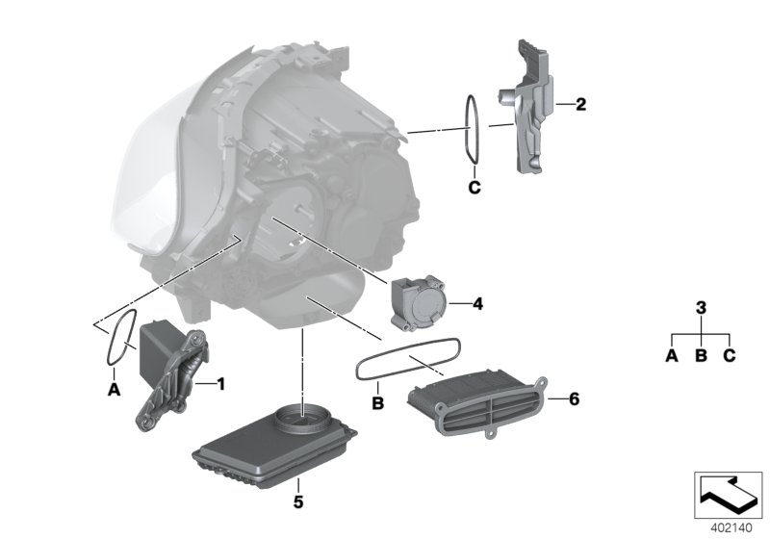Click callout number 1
click(x=220, y=384)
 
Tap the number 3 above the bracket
click(x=701, y=308)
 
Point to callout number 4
click(x=478, y=303)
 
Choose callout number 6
click(x=575, y=398)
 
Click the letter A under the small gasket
click(x=113, y=390)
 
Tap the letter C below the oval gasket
click(x=474, y=187)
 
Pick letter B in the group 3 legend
click(x=701, y=356)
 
